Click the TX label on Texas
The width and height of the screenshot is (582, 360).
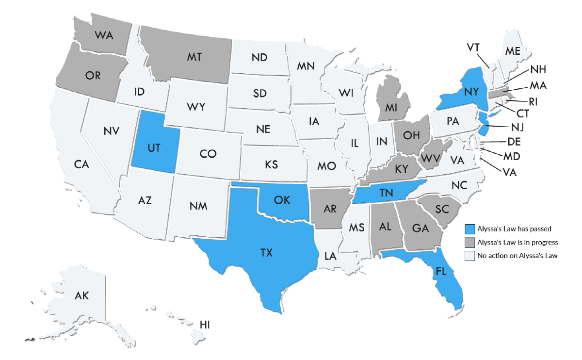[x=266, y=253]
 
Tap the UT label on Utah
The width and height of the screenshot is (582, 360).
[x=154, y=148]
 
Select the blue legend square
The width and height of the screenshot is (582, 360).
[x=469, y=229]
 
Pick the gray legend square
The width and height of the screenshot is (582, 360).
[x=469, y=242]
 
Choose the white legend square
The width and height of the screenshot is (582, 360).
[x=469, y=256]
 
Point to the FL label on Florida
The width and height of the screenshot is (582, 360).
[x=440, y=271]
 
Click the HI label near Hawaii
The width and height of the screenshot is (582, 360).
[x=205, y=324]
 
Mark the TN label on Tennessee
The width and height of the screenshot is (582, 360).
[x=386, y=193]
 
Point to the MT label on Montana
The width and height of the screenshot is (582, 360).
[x=194, y=57]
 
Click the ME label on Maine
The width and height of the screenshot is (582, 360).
[x=513, y=50]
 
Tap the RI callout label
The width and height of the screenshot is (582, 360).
[x=533, y=102]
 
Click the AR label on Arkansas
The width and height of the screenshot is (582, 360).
[x=330, y=209]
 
